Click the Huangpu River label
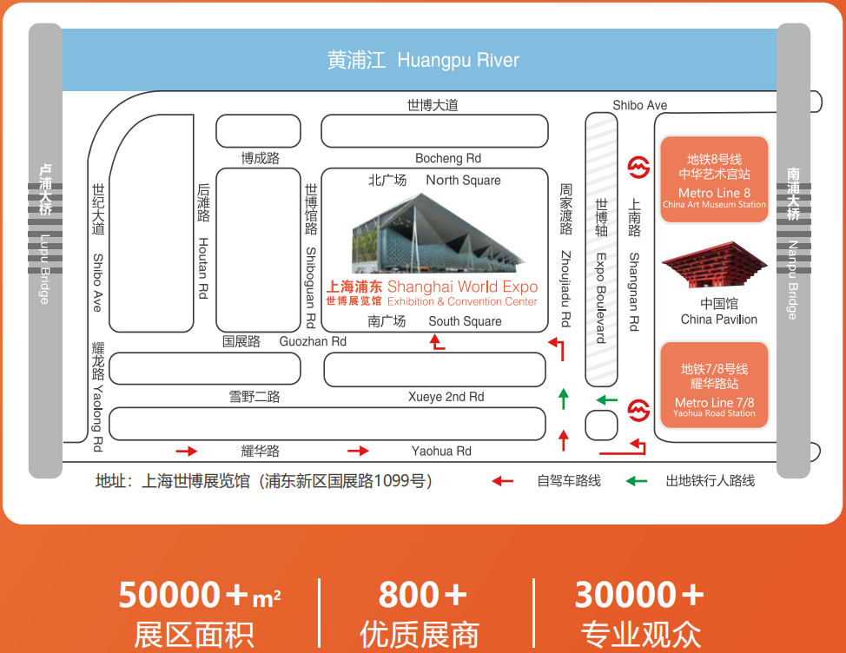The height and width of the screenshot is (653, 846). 458,61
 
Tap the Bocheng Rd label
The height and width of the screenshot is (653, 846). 448,158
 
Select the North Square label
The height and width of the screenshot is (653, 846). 464,180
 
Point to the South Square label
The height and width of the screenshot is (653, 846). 465,321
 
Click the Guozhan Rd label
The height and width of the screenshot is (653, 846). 313,341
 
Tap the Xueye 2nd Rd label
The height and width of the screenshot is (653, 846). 446,397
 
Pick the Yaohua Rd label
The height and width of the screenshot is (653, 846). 441,451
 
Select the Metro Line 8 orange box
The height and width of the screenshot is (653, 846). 714,180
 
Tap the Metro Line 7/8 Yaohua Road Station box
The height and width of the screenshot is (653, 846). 714,385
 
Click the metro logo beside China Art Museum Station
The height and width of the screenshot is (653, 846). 638,168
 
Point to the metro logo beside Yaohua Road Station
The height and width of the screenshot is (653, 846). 638,411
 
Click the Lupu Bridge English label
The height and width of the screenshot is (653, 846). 45,269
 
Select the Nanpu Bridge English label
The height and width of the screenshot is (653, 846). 793,280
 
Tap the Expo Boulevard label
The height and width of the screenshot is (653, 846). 601,298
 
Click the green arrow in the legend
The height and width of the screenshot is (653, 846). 637,481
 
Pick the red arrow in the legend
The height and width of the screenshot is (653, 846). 502,481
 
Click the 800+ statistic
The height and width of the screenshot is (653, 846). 422,595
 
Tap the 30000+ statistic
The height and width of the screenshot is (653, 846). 639,595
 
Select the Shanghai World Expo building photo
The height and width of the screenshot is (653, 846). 438,234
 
